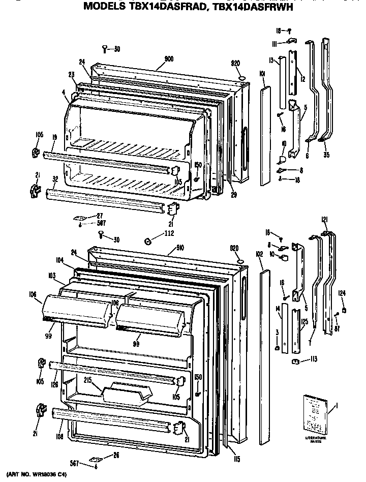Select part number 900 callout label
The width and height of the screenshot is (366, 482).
169,59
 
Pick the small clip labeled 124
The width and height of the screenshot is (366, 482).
344,310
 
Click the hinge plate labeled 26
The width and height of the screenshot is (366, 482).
95,458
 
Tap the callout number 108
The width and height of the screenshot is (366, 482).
60,436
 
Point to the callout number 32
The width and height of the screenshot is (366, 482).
54,178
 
